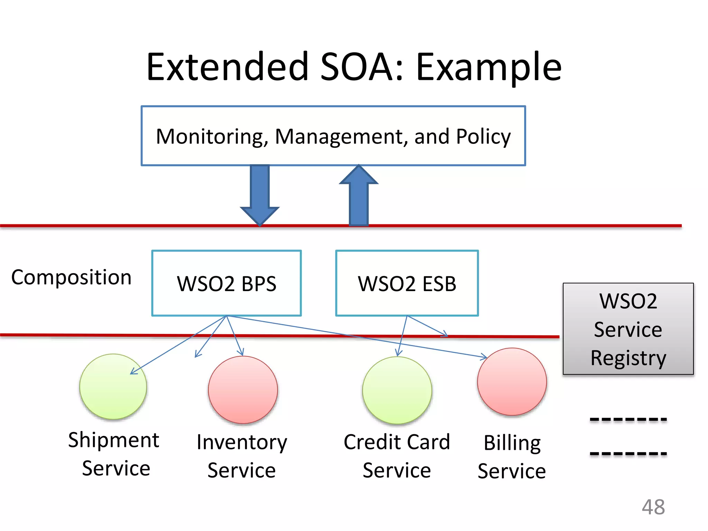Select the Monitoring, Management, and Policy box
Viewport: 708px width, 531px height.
(333, 136)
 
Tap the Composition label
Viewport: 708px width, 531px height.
(71, 277)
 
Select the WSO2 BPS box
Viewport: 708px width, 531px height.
(226, 283)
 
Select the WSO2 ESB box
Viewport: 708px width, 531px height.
(407, 283)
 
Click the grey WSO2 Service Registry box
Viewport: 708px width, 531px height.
(628, 329)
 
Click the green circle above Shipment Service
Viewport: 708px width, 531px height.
(113, 386)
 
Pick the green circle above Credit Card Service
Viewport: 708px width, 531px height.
(397, 390)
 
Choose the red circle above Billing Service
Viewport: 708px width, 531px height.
(512, 382)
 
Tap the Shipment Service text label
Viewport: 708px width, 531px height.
(114, 454)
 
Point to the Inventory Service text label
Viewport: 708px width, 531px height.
(242, 456)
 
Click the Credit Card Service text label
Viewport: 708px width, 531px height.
(397, 456)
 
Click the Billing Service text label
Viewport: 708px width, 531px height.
(512, 457)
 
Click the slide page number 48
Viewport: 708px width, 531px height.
(653, 507)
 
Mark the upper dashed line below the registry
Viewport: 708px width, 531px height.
(628, 420)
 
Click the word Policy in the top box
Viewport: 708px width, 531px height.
(483, 137)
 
